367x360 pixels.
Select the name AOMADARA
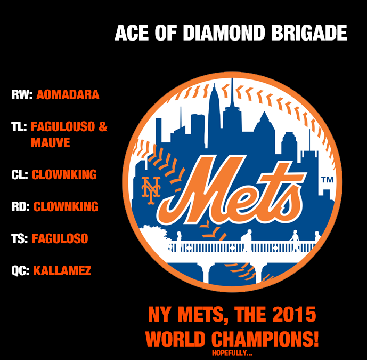[68, 95]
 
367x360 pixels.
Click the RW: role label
[22, 95]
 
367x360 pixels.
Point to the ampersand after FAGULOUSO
[103, 127]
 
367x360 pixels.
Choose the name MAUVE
[50, 143]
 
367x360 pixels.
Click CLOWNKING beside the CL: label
[64, 174]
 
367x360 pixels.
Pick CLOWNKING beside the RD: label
[66, 206]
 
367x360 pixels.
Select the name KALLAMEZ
[62, 270]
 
